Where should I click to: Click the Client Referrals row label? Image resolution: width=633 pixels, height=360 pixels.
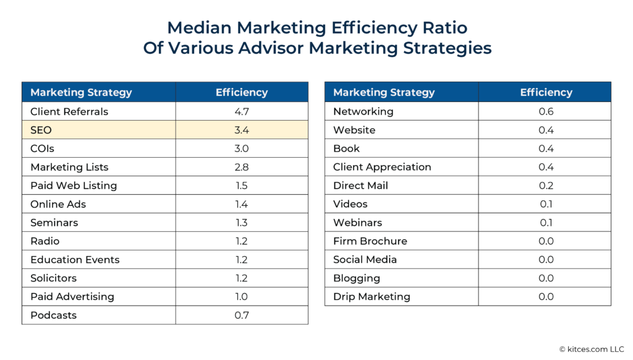69,111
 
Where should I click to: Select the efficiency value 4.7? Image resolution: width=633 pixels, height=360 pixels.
242,111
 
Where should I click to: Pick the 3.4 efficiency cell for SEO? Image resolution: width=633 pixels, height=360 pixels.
242,130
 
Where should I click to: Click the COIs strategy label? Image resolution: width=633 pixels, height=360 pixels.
43,148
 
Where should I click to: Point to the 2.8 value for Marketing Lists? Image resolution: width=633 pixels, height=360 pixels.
242,167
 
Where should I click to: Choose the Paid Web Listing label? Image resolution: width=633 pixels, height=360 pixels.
74,186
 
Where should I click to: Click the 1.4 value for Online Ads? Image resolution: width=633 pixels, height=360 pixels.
242,204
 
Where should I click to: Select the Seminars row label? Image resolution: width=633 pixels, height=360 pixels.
54,223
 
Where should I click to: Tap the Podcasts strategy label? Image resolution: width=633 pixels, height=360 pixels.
54,315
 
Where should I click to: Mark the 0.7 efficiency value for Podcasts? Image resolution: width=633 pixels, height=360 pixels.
242,315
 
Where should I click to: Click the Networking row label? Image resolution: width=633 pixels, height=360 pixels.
363,111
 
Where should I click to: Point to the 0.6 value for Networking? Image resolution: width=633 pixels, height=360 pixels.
546,111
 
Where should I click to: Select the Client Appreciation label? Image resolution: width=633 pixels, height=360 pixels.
382,167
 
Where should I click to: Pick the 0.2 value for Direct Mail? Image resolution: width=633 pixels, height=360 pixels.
546,186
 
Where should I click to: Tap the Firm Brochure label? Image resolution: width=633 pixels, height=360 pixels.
370,241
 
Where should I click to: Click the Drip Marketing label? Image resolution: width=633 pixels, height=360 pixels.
372,296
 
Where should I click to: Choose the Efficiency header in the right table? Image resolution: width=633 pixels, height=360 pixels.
546,92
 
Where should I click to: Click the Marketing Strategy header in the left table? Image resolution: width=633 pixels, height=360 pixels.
81,92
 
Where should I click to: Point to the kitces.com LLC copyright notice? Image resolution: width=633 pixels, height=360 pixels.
592,349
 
